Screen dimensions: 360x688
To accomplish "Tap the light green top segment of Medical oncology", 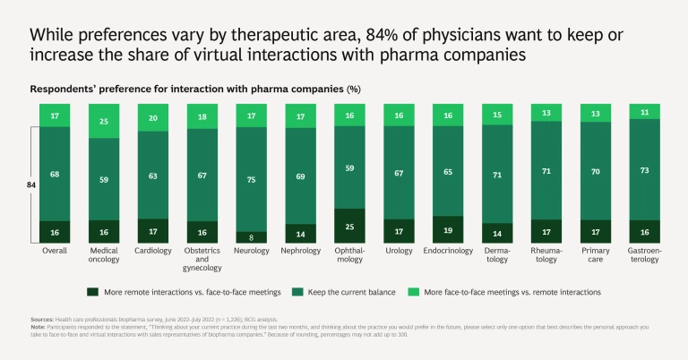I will pos(104,121).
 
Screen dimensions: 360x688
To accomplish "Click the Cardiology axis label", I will pos(152,251).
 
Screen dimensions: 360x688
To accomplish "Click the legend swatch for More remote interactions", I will pos(92,292).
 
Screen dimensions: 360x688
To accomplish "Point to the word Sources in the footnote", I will pos(41,318).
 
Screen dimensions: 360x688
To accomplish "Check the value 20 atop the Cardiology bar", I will pos(152,117).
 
